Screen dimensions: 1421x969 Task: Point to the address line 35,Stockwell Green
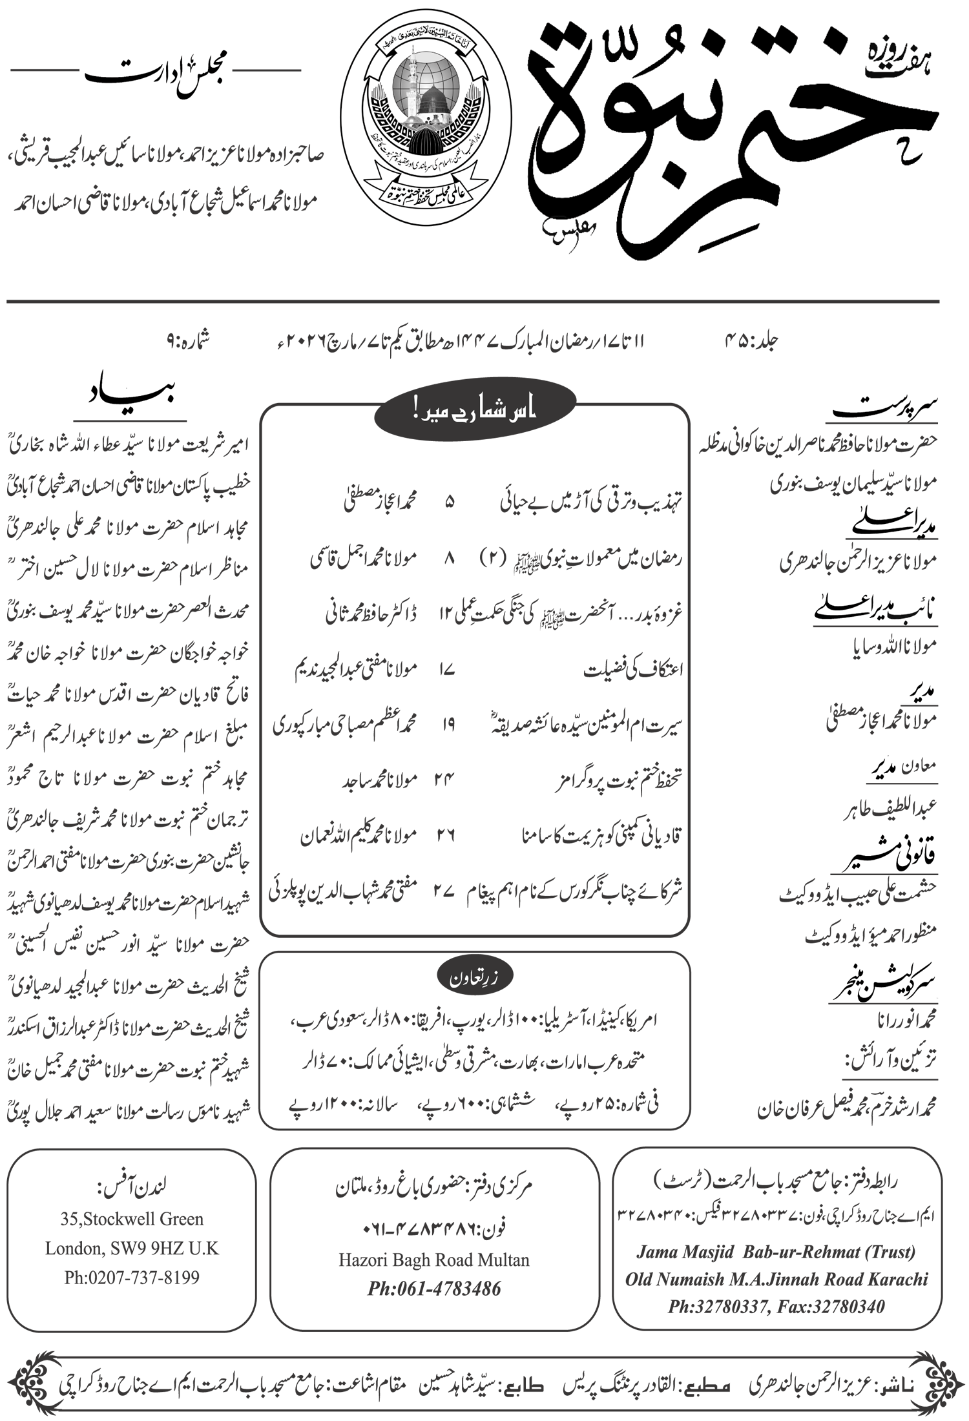click(x=132, y=1219)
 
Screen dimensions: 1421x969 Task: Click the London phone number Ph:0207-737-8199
click(x=132, y=1277)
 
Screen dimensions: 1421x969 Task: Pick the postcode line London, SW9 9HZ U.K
click(x=132, y=1248)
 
